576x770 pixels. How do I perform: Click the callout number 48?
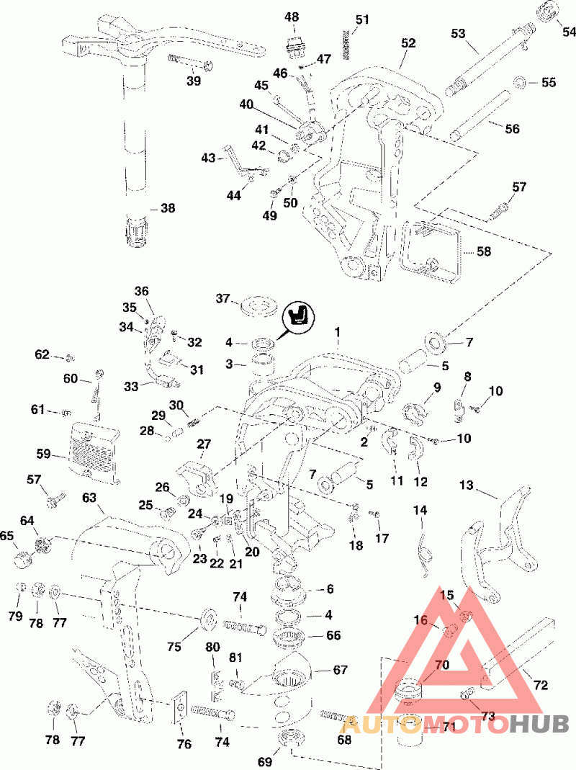pos(292,17)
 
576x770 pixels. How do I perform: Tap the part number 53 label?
pos(458,33)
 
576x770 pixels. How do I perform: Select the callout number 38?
pos(168,208)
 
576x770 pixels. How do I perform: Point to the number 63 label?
pos(89,498)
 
